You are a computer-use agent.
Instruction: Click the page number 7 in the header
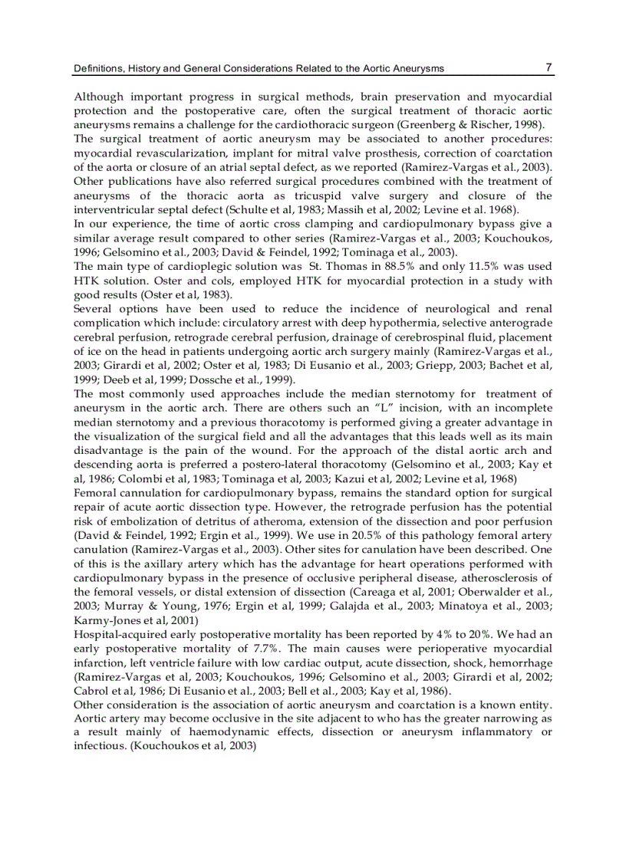[x=549, y=67]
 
